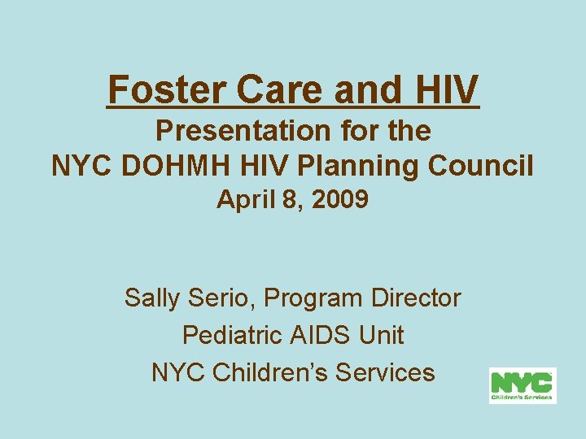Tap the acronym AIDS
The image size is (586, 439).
(x=317, y=335)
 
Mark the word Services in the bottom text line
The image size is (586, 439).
(x=384, y=372)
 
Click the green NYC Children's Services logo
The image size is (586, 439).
(x=522, y=386)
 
